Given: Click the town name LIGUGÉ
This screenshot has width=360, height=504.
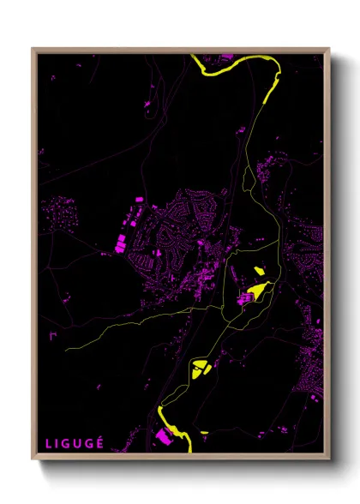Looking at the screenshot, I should [x=75, y=443].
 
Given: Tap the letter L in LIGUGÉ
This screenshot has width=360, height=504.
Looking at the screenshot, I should [x=49, y=443].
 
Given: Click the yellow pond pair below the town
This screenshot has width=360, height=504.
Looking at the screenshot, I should [x=202, y=368].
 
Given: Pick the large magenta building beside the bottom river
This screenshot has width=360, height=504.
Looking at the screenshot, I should [x=162, y=437].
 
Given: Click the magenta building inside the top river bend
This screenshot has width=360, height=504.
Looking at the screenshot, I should [x=226, y=57].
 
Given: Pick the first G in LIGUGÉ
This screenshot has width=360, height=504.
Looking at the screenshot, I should [x=68, y=443].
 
